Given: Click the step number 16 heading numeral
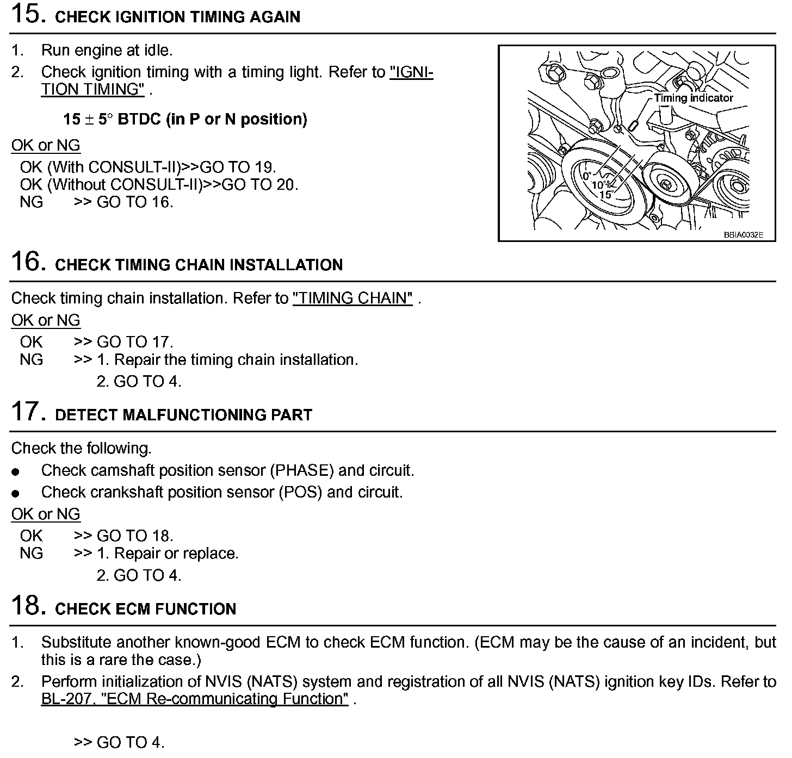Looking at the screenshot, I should [26, 262].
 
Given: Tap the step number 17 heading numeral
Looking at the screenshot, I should [26, 412].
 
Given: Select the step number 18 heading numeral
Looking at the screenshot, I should [26, 605].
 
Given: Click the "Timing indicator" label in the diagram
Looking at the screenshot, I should [694, 98].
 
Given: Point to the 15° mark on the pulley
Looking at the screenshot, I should [605, 194].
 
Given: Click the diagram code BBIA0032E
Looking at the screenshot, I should [743, 235].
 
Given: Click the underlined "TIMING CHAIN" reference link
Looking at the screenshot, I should [352, 298].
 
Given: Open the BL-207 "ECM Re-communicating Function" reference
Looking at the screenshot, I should [194, 699].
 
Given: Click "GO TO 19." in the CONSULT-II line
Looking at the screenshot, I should [238, 167].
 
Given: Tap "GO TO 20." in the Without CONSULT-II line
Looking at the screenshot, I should [260, 184].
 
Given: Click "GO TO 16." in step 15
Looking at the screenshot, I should [135, 202].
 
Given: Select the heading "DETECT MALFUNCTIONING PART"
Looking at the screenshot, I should [184, 415].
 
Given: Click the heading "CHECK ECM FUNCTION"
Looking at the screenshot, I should [146, 608].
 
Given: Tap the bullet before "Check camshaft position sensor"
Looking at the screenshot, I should [16, 471].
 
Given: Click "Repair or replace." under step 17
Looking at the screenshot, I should [176, 554].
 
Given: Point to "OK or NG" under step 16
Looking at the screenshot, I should [46, 320].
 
